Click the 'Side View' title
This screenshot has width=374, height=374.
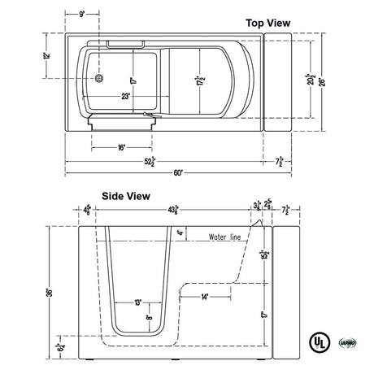pyautogui.click(x=125, y=196)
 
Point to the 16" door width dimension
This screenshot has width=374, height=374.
pyautogui.click(x=120, y=147)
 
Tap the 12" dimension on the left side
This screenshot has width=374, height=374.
pyautogui.click(x=48, y=56)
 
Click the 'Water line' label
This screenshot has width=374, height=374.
pyautogui.click(x=225, y=238)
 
